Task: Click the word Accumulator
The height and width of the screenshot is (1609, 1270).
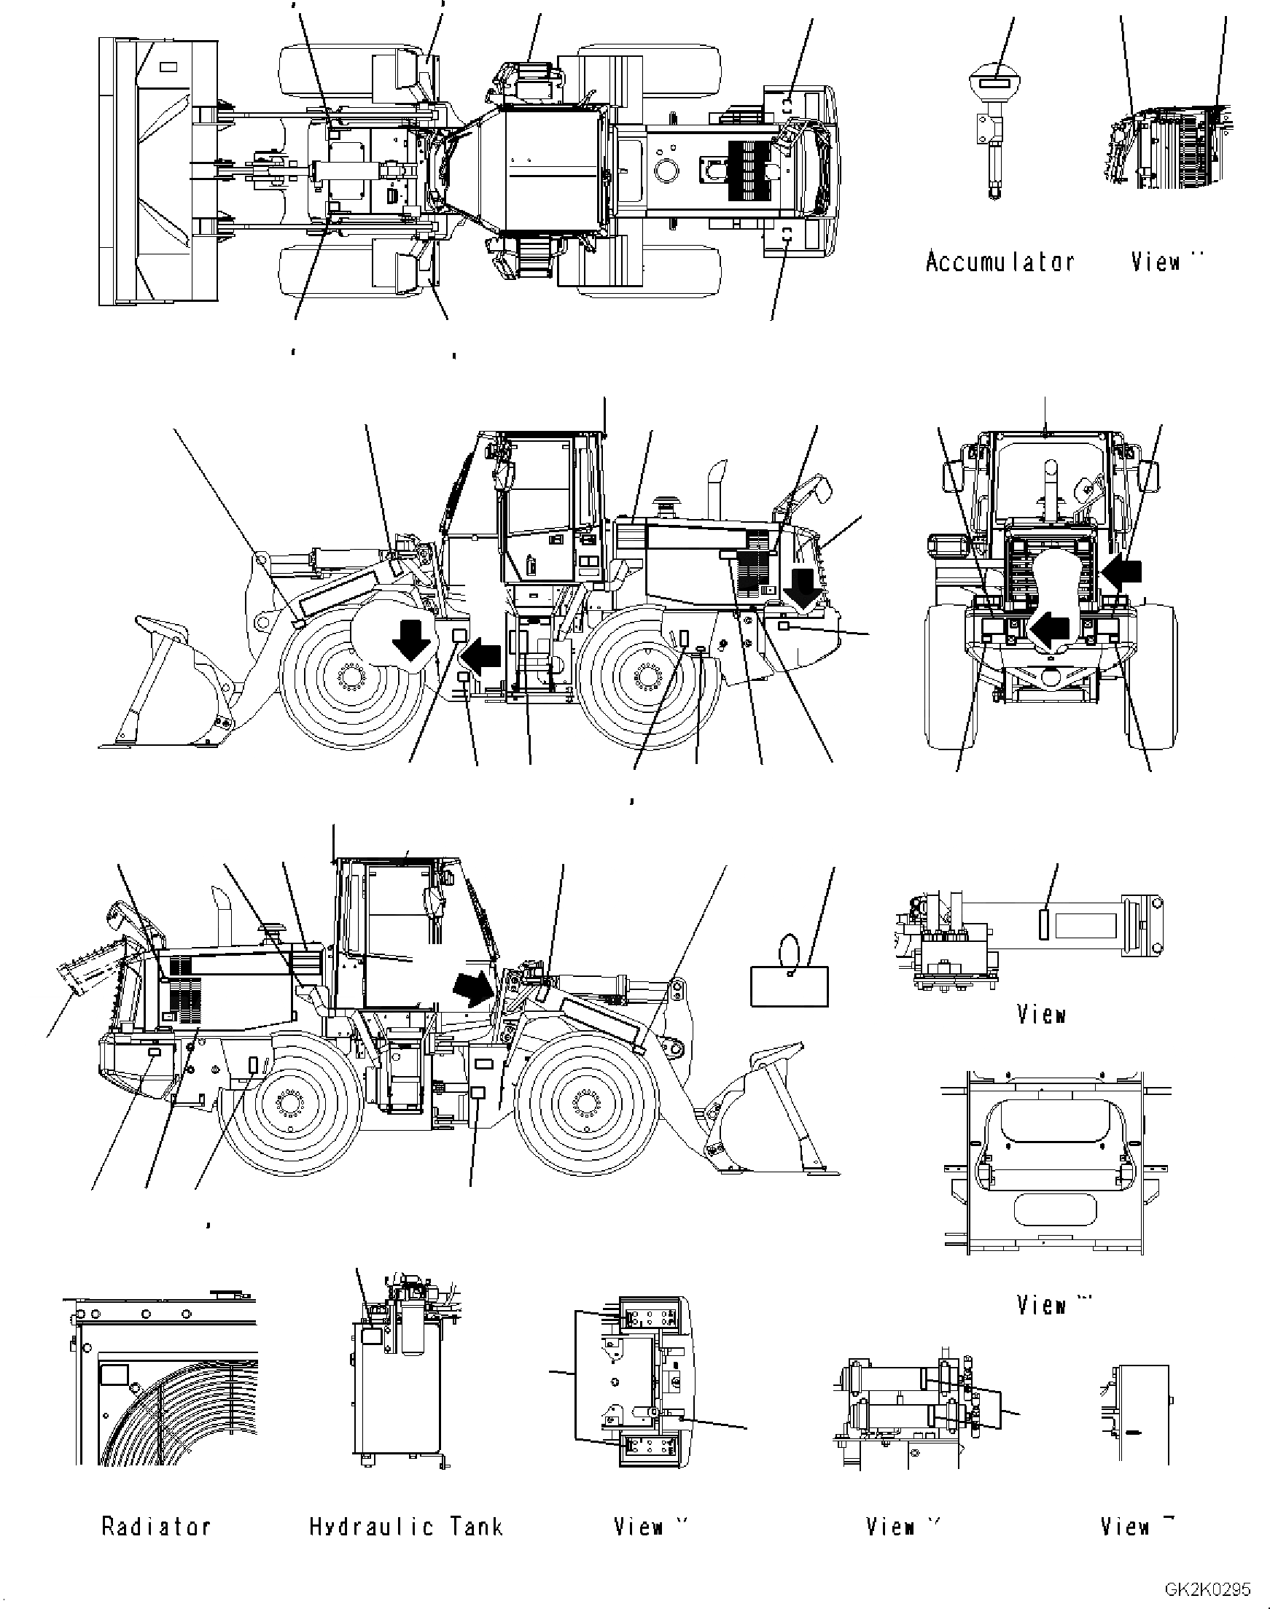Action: click(x=1000, y=262)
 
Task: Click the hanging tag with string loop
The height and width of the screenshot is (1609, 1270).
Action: click(x=789, y=983)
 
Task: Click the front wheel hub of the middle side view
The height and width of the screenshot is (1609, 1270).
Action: click(x=348, y=677)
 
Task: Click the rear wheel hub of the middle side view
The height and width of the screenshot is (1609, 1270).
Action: click(x=646, y=677)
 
